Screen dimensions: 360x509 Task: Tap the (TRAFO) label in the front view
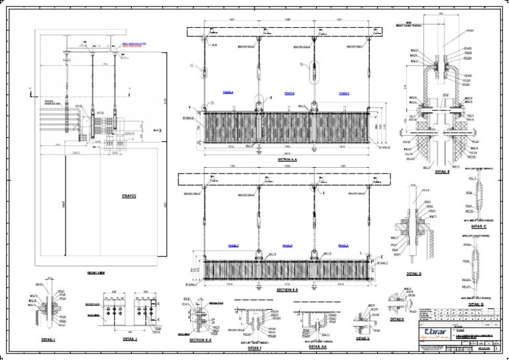pyautogui.click(x=129, y=196)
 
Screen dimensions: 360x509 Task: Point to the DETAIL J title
pyautogui.click(x=130, y=339)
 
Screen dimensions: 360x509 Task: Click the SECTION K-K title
pyautogui.click(x=200, y=340)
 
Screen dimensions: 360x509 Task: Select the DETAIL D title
pyautogui.click(x=414, y=273)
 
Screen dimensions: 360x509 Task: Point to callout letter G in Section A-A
pyautogui.click(x=302, y=64)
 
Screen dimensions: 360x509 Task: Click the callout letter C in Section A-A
pyautogui.click(x=192, y=66)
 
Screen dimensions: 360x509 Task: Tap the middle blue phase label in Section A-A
pyautogui.click(x=289, y=93)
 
